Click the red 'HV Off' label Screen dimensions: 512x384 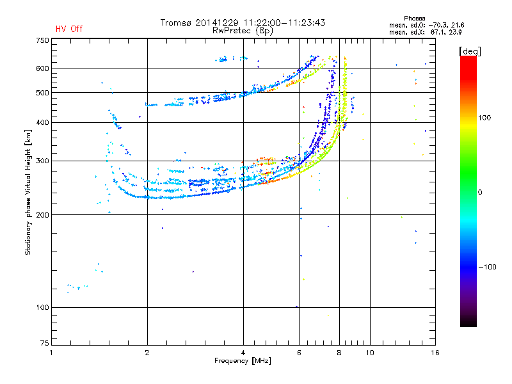(69, 29)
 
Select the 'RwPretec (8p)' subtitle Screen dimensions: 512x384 (243, 31)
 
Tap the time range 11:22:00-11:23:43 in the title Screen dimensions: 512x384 (284, 22)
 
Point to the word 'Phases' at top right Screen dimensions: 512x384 (414, 19)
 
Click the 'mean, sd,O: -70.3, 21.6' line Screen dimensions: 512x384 (426, 25)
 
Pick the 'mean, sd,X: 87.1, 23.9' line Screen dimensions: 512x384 (425, 32)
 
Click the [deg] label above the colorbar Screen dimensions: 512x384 (470, 51)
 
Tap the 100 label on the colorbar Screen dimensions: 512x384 (484, 118)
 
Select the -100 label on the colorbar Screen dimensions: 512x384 (487, 267)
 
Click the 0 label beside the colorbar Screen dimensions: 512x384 (480, 192)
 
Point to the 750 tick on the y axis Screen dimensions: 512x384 (42, 40)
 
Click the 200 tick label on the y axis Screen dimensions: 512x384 (42, 215)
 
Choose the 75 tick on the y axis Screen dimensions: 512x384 (45, 343)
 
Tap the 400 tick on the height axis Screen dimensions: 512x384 (42, 122)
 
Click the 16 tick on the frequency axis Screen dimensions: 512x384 (435, 353)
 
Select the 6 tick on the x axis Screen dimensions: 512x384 (299, 353)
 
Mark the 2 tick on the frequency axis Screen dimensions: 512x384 (147, 353)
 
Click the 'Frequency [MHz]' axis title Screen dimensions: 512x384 (243, 361)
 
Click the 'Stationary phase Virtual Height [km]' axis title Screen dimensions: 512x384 (28, 192)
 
